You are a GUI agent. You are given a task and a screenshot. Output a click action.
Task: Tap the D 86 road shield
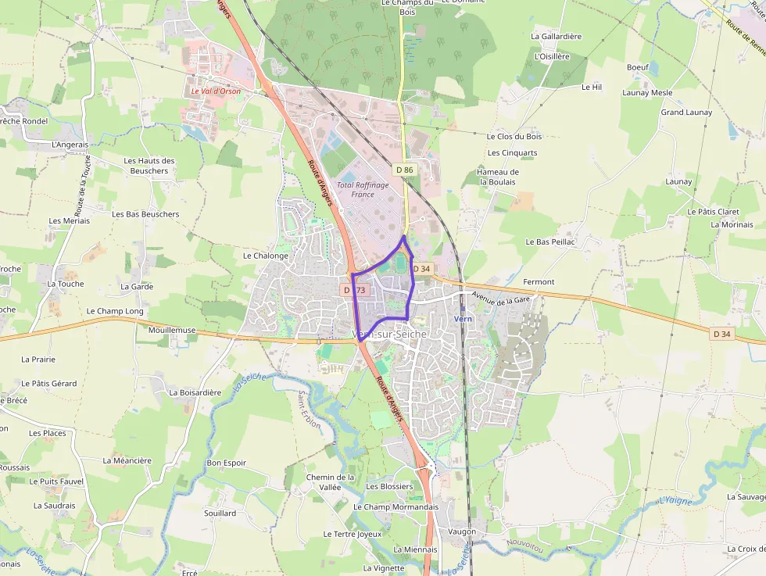404,170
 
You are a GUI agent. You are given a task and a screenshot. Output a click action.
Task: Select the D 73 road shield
355,290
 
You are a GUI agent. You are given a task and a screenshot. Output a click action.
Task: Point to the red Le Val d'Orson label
216,91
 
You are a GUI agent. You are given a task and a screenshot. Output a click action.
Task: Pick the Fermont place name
539,281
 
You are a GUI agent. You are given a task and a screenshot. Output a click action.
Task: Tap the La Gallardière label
556,36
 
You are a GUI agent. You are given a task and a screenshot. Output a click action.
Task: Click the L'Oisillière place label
552,56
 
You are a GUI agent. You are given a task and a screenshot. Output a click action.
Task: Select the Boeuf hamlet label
638,67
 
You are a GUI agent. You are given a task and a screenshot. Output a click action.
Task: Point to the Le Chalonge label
266,256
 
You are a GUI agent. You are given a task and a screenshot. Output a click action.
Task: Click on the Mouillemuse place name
172,331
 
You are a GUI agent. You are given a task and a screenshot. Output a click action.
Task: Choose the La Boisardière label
195,392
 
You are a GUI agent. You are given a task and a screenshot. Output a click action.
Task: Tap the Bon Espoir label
226,463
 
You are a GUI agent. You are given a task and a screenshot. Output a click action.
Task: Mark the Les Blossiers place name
389,486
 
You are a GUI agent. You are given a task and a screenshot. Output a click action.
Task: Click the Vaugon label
462,531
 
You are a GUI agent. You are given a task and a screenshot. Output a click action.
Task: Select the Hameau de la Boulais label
498,177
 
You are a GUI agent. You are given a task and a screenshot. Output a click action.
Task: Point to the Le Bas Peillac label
550,242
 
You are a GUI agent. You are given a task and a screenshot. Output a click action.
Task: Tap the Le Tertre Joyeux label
353,534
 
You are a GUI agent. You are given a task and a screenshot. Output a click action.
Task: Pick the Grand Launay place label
686,113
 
